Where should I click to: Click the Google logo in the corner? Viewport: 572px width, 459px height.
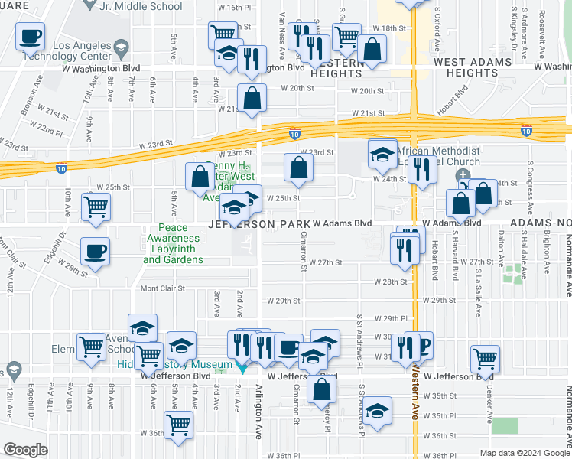click(x=25, y=450)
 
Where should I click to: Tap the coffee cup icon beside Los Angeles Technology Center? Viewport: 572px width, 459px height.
click(x=30, y=36)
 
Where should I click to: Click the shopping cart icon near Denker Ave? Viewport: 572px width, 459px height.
click(x=486, y=358)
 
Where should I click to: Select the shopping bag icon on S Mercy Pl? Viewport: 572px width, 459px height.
click(x=323, y=389)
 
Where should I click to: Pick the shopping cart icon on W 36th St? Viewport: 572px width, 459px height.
click(x=178, y=425)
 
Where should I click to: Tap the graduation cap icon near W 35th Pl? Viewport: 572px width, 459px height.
click(x=377, y=411)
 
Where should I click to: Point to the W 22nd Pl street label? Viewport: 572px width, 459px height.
click(x=49, y=132)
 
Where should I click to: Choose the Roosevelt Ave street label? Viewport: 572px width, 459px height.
click(x=541, y=23)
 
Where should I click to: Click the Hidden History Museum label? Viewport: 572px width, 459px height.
click(x=174, y=365)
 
